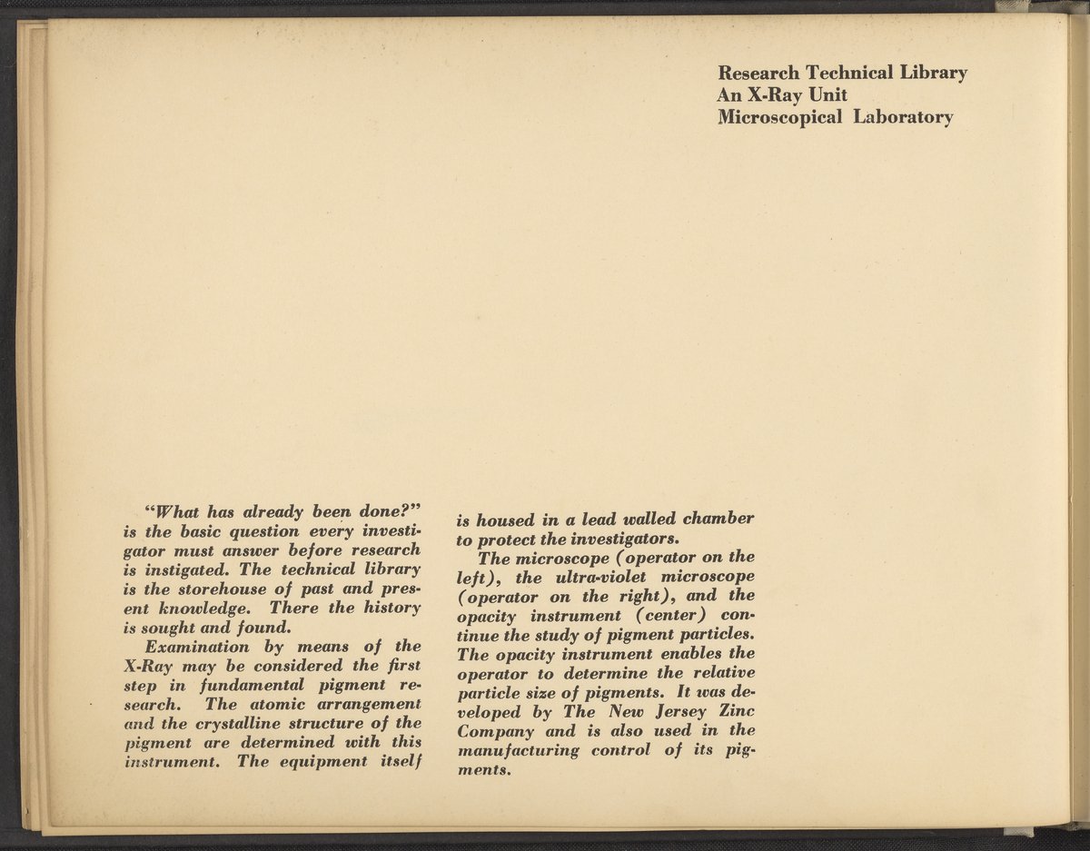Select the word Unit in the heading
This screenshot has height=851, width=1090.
click(x=826, y=94)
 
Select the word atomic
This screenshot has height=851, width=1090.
click(x=279, y=704)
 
